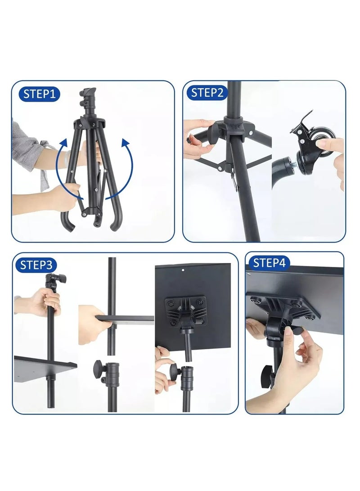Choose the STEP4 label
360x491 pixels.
[270, 263]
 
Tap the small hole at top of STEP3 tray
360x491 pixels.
[183, 270]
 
